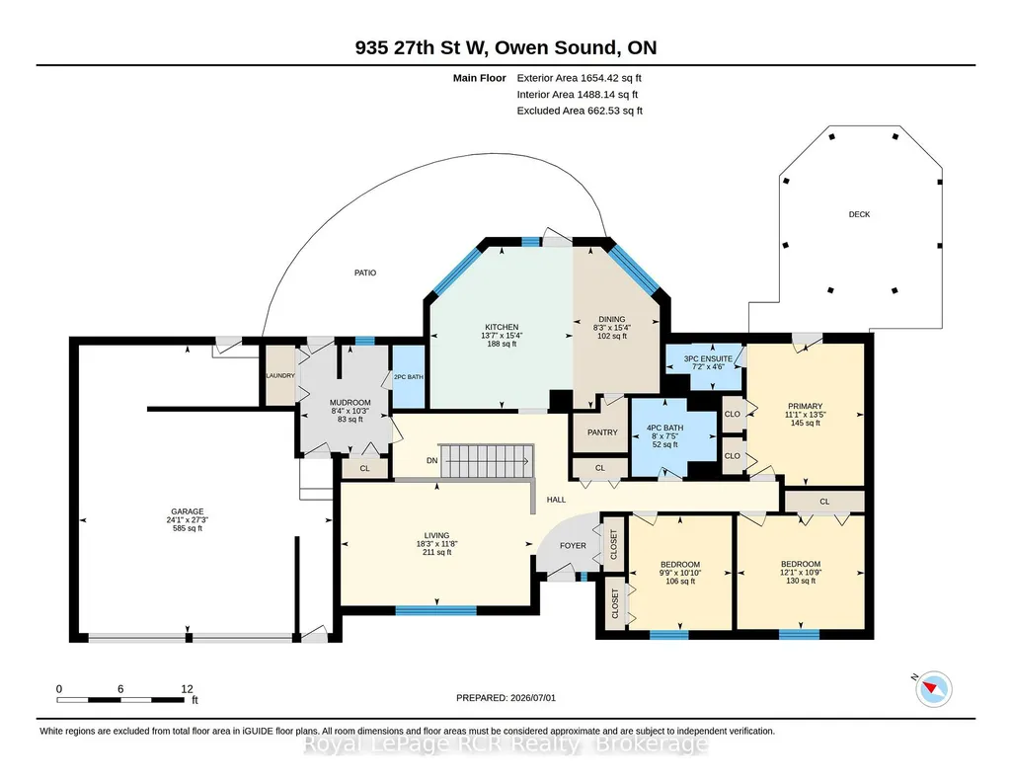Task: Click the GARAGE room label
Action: pyautogui.click(x=188, y=511)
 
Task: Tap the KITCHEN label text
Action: pyautogui.click(x=503, y=327)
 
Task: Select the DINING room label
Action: pyautogui.click(x=612, y=319)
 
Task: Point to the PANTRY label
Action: pyautogui.click(x=602, y=432)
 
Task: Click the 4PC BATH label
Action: pyautogui.click(x=664, y=428)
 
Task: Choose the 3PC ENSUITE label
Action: pyautogui.click(x=708, y=358)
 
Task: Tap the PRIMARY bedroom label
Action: pyautogui.click(x=805, y=407)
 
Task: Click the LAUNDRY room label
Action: pyautogui.click(x=280, y=375)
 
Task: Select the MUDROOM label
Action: pyautogui.click(x=350, y=403)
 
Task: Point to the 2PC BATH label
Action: pyautogui.click(x=409, y=377)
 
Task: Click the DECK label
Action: pyautogui.click(x=859, y=214)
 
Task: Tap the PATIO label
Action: pyautogui.click(x=365, y=273)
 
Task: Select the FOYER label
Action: pyautogui.click(x=573, y=545)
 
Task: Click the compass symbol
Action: pyautogui.click(x=933, y=688)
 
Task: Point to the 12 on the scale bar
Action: pyautogui.click(x=188, y=689)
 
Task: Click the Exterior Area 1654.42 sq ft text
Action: pyautogui.click(x=579, y=78)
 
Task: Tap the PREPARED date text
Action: pyautogui.click(x=506, y=697)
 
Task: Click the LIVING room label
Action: pyautogui.click(x=437, y=535)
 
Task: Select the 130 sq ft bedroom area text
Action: pyautogui.click(x=801, y=581)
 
